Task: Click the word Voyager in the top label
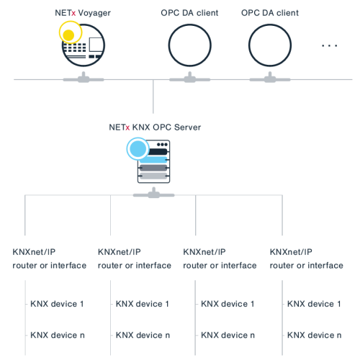click(x=94, y=14)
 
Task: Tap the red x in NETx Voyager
click(x=73, y=14)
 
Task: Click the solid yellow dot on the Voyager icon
click(x=68, y=35)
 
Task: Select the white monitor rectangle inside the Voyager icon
click(x=96, y=45)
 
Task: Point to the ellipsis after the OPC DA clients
click(x=330, y=45)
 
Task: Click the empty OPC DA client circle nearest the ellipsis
click(x=270, y=24)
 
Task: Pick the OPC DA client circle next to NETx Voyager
click(x=190, y=24)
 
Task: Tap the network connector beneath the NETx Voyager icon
click(x=84, y=78)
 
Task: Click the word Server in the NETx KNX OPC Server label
click(x=187, y=127)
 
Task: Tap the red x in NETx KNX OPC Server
click(x=127, y=127)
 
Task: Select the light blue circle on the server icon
click(x=138, y=149)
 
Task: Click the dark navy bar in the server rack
click(x=158, y=152)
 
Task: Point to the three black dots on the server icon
click(x=162, y=145)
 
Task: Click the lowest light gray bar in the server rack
click(x=153, y=176)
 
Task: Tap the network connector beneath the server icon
click(x=154, y=194)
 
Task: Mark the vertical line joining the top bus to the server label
click(x=153, y=97)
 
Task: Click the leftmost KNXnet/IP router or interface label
click(x=50, y=259)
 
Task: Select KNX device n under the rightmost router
click(x=314, y=335)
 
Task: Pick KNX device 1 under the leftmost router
click(x=57, y=304)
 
